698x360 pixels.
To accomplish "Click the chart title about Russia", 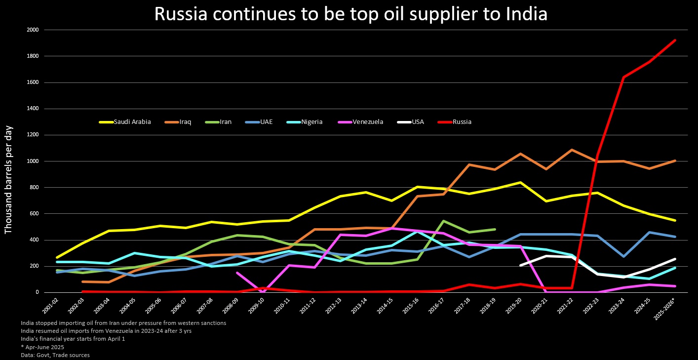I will click(x=350, y=14).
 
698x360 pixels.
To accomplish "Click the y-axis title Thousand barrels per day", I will click(x=8, y=180).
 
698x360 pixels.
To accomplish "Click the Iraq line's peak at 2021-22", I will click(x=572, y=150).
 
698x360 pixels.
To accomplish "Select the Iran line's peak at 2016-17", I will click(x=443, y=221).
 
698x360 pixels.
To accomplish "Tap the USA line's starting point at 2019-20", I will click(x=520, y=265).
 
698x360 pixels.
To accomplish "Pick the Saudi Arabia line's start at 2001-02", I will click(x=57, y=257).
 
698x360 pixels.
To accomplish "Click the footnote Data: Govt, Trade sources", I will click(x=55, y=355).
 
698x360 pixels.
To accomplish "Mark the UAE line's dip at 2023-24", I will click(x=623, y=256).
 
